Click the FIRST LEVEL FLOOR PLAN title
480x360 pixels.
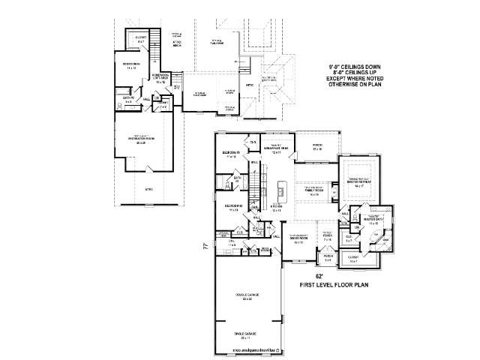coord(334,286)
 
